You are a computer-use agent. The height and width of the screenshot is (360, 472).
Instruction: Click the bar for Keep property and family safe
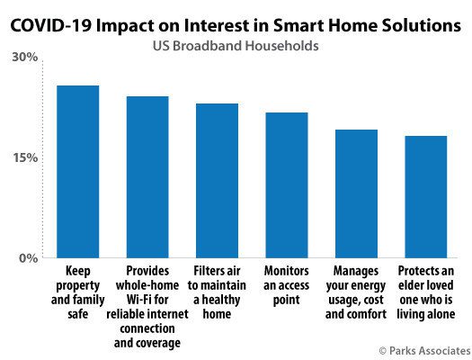click(x=78, y=172)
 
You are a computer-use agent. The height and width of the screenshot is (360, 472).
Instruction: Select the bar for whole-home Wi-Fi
click(x=147, y=177)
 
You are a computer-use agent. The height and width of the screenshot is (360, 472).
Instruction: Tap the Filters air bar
click(x=217, y=181)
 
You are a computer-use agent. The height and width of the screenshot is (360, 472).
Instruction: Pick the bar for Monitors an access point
click(x=287, y=185)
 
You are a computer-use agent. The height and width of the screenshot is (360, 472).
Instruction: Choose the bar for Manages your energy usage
click(x=356, y=193)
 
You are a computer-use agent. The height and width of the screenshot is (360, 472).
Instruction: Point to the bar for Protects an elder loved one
click(x=426, y=197)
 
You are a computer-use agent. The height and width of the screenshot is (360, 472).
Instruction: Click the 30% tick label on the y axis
click(x=25, y=57)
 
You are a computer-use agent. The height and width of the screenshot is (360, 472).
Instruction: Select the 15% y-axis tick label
click(x=25, y=157)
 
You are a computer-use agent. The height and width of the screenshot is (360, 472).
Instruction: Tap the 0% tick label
click(x=29, y=258)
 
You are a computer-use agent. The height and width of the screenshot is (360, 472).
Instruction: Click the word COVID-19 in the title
click(x=50, y=25)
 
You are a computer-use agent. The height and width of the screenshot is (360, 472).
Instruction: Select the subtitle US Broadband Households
click(x=236, y=46)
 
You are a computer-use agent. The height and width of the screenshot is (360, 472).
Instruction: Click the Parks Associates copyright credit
click(x=424, y=351)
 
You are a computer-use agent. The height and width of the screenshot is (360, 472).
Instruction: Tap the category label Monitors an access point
click(x=286, y=285)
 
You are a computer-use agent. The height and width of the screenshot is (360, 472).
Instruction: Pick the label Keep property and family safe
click(x=77, y=292)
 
